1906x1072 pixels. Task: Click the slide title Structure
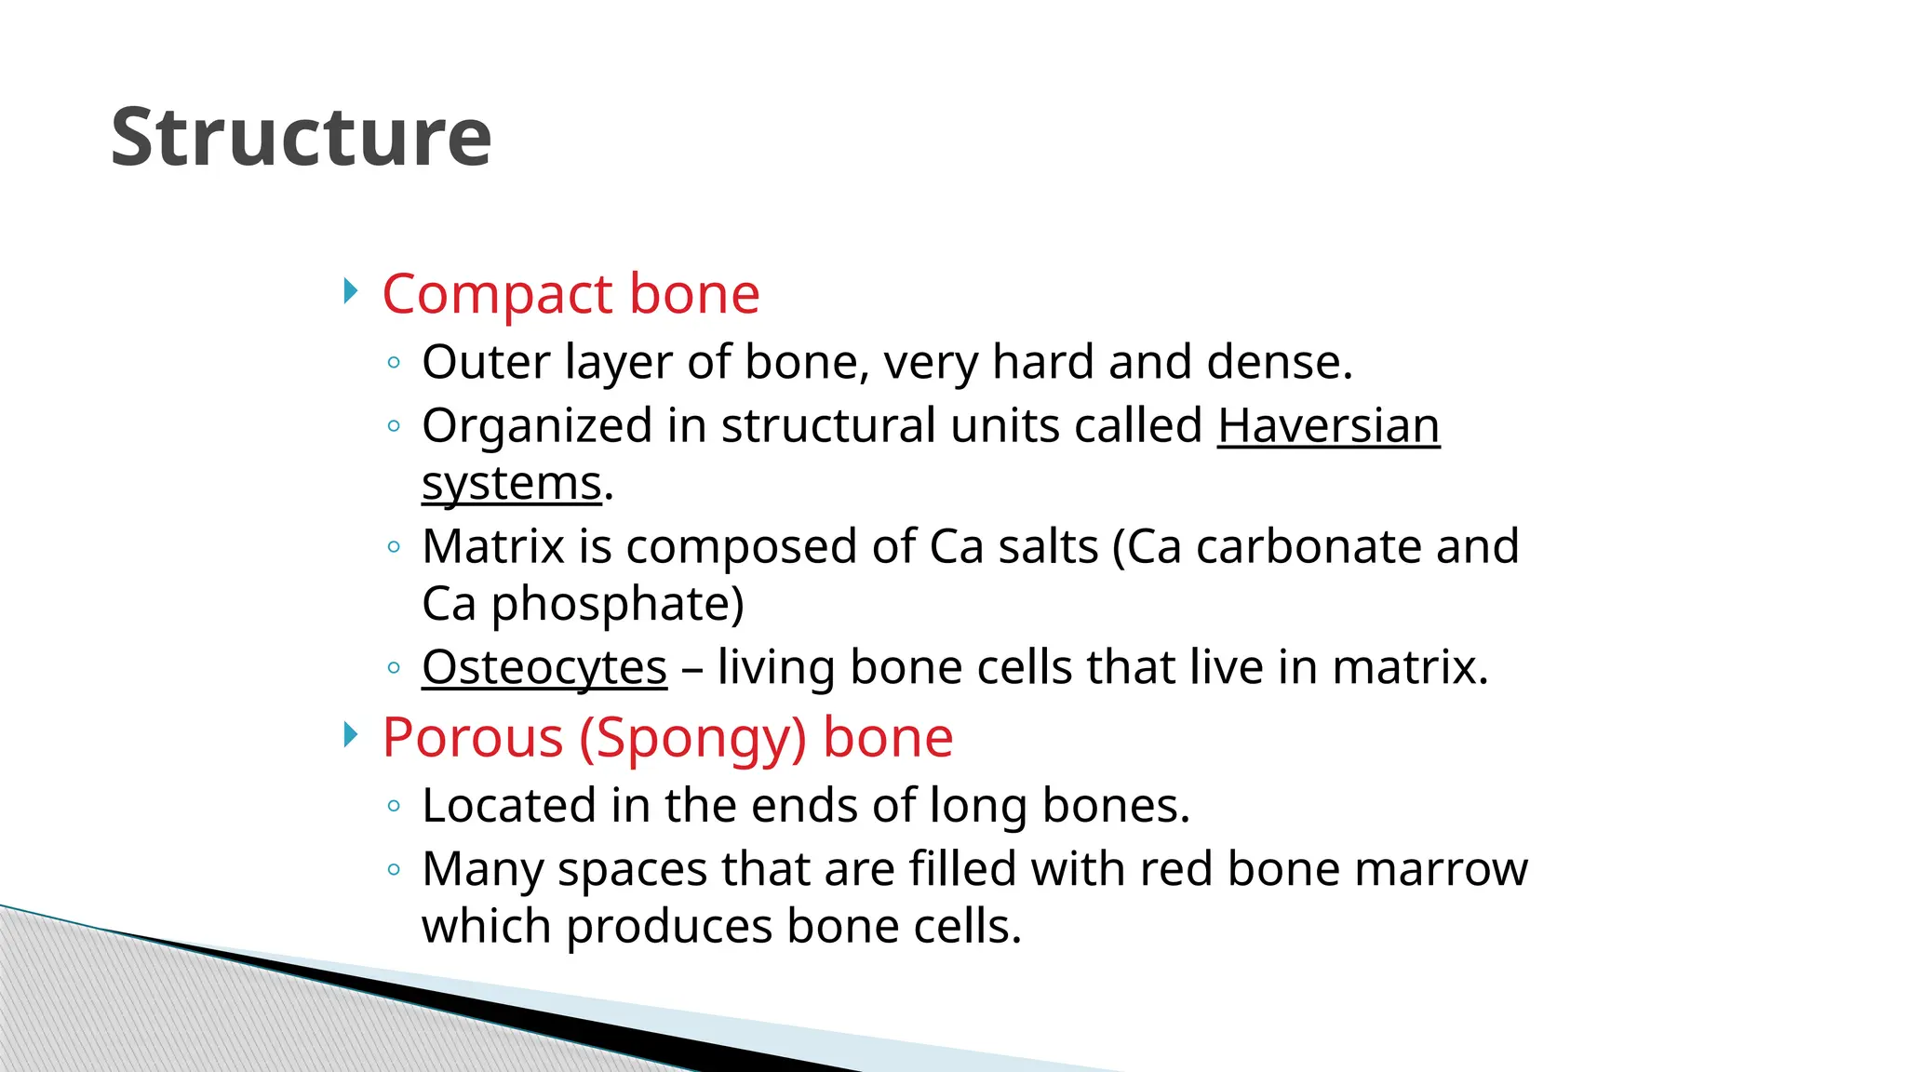tap(301, 138)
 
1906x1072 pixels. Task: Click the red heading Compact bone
tap(570, 294)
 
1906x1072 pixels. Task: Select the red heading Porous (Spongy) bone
tap(667, 737)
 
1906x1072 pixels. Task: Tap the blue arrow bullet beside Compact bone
tap(350, 291)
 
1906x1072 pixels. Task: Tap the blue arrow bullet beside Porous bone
tap(350, 735)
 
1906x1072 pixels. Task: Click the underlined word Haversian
tap(1328, 426)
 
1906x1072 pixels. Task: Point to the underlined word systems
tap(511, 484)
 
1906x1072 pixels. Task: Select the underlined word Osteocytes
tap(544, 667)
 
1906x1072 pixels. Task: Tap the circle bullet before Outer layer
tap(394, 363)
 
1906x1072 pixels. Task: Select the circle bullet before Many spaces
tap(394, 870)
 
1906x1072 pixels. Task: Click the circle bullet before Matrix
tap(394, 547)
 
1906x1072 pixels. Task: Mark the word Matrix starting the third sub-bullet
tap(493, 546)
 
